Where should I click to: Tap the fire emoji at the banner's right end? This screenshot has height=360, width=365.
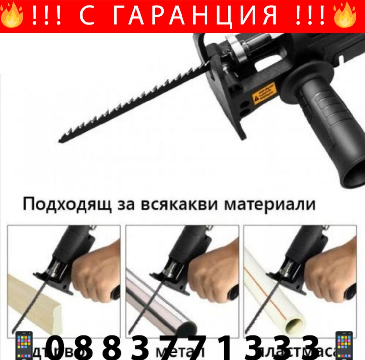click(346, 15)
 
